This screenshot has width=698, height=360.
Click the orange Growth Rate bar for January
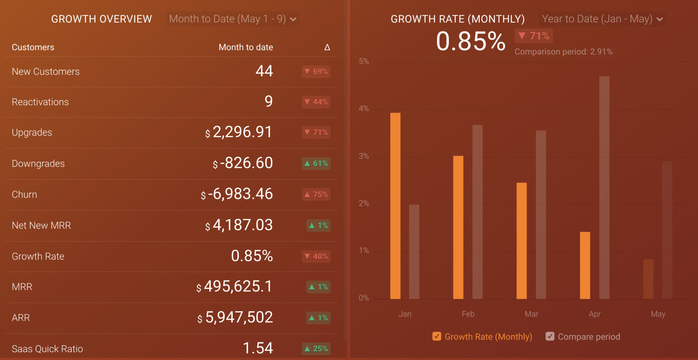[x=395, y=206]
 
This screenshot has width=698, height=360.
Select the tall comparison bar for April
[x=604, y=188]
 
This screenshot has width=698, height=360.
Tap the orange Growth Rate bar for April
[x=585, y=265]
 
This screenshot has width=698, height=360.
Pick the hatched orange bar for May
[x=648, y=279]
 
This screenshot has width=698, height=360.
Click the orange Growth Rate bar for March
[x=521, y=241]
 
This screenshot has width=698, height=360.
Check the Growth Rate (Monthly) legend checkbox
[x=437, y=336]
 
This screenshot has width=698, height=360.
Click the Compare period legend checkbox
[x=550, y=336]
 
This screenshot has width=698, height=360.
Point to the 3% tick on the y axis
[x=364, y=156]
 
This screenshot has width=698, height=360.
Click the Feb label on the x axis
[x=468, y=314]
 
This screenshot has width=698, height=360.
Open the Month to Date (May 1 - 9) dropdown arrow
[x=293, y=19]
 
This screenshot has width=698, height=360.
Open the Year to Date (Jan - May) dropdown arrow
[x=660, y=19]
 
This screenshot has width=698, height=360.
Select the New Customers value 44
[x=264, y=71]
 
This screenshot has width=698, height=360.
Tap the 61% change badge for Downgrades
[x=316, y=163]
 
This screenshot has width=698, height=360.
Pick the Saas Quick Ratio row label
[x=47, y=349]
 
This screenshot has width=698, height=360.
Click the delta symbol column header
[x=327, y=47]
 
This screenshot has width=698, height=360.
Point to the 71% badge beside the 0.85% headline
[x=534, y=36]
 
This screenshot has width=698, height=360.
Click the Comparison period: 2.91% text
[x=563, y=52]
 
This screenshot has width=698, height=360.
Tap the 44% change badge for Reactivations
[x=316, y=102]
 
